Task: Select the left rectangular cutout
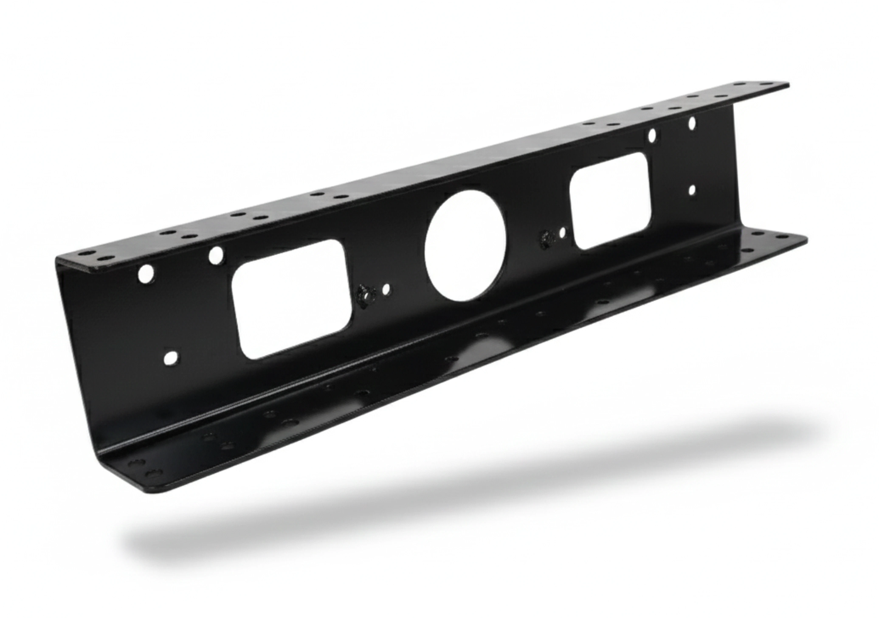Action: click(291, 299)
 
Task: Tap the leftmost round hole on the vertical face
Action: click(146, 274)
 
